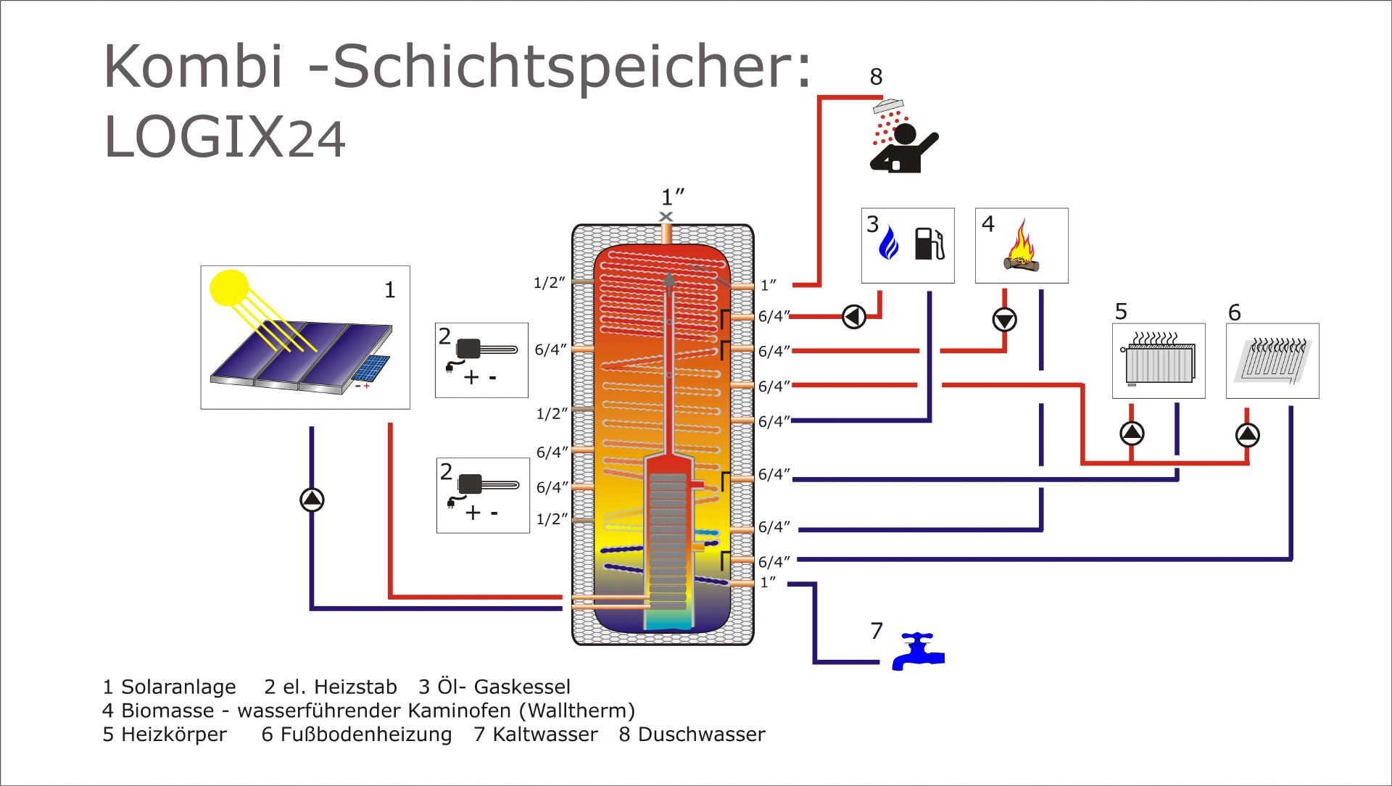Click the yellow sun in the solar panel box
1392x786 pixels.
229,288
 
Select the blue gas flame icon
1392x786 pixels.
889,244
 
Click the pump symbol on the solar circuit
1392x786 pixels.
312,499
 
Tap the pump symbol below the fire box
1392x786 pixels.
1004,319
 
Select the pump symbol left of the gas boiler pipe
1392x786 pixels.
854,317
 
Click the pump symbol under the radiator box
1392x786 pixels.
1132,434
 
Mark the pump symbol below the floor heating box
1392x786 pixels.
1247,434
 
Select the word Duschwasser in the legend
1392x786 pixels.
701,735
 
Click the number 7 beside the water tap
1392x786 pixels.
877,631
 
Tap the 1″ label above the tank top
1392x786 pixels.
673,196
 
